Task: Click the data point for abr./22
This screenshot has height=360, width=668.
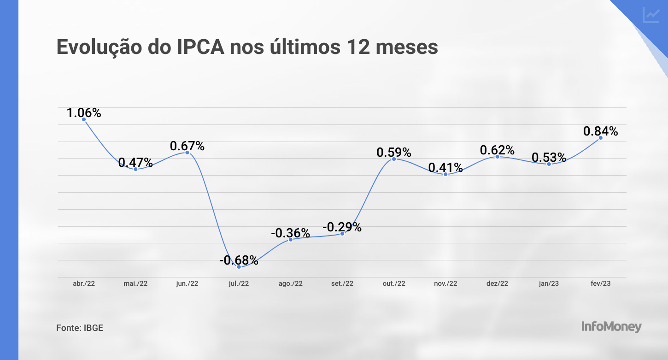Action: [x=84, y=119]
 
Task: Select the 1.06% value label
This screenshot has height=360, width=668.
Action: [x=84, y=112]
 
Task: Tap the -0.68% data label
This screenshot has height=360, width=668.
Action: [x=239, y=260]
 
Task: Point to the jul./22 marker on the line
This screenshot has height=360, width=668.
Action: [x=239, y=267]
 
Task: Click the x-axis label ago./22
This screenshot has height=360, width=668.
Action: [x=291, y=283]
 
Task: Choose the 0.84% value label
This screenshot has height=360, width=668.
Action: [x=600, y=131]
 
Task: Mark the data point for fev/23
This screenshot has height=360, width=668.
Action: [x=600, y=138]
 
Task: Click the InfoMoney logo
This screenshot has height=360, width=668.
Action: [x=611, y=327]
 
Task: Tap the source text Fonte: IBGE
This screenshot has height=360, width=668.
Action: [x=80, y=328]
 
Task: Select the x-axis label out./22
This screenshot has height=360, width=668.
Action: [x=394, y=283]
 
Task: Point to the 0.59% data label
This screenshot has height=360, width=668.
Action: [x=394, y=152]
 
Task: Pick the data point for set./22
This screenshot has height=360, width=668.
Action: [x=342, y=234]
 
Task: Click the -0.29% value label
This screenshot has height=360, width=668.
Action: [x=342, y=227]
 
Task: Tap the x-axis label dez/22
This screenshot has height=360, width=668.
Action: [x=497, y=283]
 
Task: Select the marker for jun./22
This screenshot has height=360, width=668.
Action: [x=187, y=152]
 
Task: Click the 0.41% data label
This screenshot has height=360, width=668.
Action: [x=445, y=168]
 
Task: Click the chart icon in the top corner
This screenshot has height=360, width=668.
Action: [x=651, y=15]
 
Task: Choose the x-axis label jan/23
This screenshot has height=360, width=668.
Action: [x=549, y=283]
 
